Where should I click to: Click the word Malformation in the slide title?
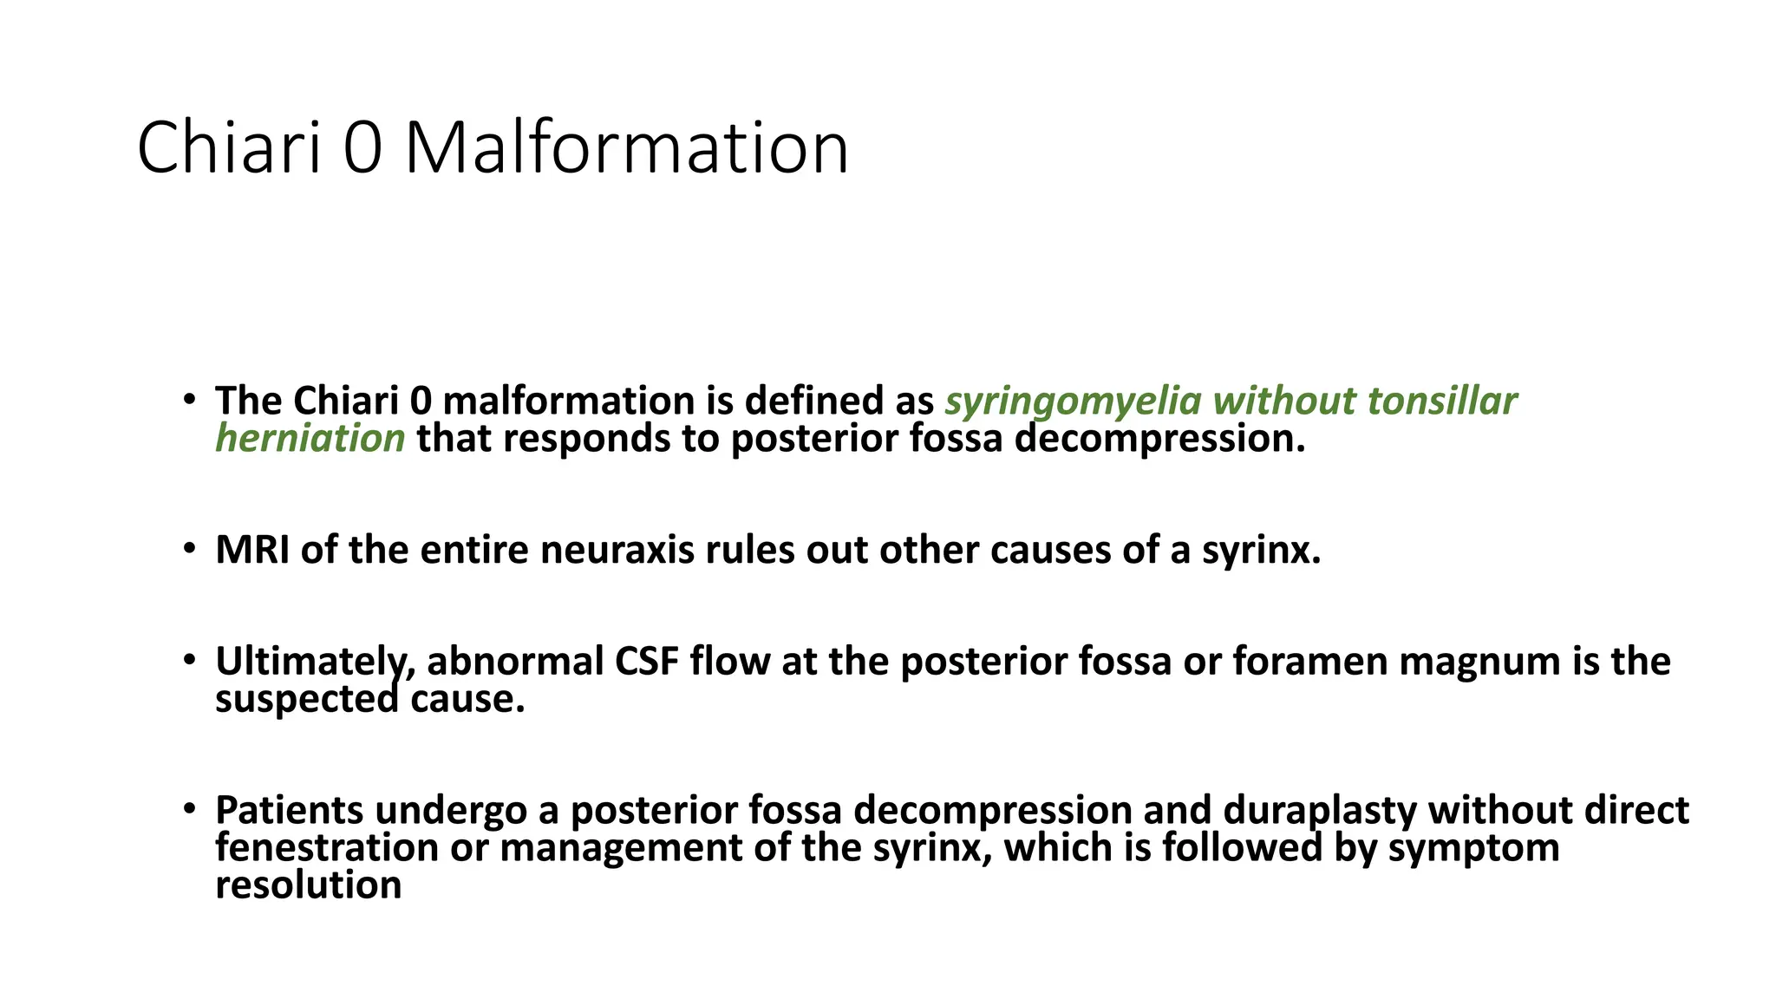click(x=626, y=148)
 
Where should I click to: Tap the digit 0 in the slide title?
click(x=362, y=148)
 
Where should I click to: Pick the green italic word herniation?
click(x=310, y=439)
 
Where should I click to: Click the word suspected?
click(x=307, y=699)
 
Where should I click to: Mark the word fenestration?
click(x=327, y=847)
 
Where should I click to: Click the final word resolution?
click(x=309, y=885)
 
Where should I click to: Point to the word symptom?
click(x=1473, y=847)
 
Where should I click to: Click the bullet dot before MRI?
click(x=190, y=549)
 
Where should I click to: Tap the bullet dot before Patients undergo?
click(x=190, y=809)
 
